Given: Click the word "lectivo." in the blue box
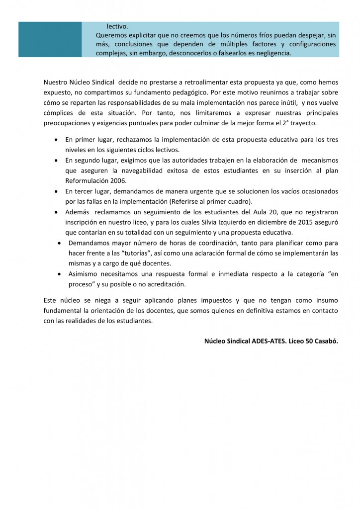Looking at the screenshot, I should click(117, 26).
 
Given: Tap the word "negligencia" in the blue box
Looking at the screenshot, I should click(270, 53).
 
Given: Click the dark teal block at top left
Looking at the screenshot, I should click(50, 39).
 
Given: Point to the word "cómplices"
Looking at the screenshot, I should click(59, 113).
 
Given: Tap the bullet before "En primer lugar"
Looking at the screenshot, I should click(58, 140).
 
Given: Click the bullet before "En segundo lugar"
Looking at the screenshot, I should click(58, 161).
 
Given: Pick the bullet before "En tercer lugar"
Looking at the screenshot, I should click(58, 191).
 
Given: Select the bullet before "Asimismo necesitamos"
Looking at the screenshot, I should click(60, 274).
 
